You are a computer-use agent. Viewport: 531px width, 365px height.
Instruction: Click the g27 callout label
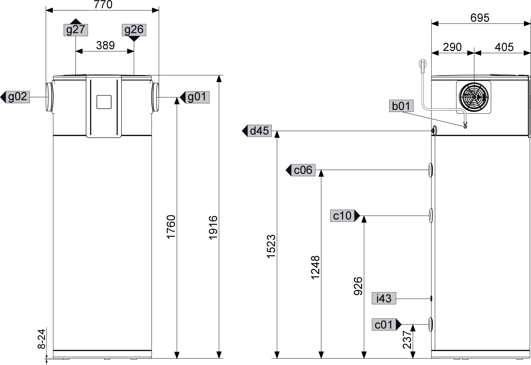[76, 30]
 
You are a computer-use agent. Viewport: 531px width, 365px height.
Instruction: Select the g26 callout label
[134, 30]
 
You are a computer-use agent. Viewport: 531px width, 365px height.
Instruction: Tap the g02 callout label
[18, 97]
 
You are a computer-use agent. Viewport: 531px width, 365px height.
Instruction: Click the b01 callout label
[401, 106]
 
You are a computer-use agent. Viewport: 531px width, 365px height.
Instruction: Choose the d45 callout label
[259, 131]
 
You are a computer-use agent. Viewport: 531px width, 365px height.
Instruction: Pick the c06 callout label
[303, 170]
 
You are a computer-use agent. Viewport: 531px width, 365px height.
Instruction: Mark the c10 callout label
[342, 216]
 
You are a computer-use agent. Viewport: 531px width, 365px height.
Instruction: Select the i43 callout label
[384, 298]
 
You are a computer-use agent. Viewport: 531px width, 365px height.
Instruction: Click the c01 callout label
[384, 325]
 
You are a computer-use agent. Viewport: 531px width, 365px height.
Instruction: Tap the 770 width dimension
[103, 5]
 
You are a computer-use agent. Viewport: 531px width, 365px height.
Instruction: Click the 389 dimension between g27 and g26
[105, 46]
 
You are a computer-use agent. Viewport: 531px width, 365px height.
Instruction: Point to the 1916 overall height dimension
[213, 228]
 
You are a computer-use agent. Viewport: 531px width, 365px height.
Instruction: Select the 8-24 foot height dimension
[42, 339]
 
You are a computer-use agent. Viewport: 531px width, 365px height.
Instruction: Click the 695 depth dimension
[480, 18]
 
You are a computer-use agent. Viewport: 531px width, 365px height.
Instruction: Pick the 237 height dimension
[407, 340]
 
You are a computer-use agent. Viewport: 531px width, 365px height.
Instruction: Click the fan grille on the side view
[474, 97]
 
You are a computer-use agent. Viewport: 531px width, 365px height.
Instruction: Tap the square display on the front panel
[104, 102]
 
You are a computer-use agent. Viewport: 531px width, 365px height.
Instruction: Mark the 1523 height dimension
[271, 246]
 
